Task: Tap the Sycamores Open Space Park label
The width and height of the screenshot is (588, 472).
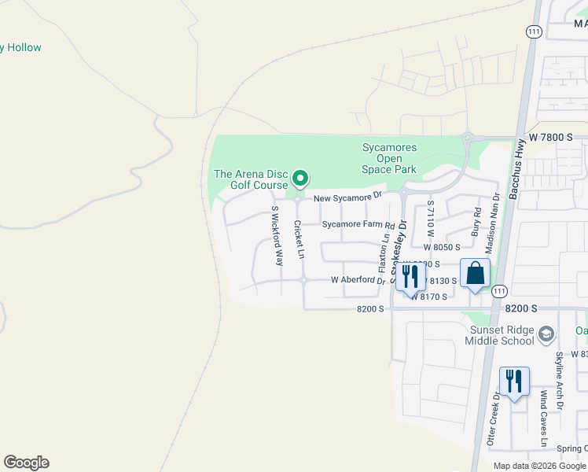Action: point(389,158)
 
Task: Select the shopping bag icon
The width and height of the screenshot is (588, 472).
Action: point(476,274)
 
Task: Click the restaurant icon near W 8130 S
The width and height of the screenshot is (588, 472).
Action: point(410,276)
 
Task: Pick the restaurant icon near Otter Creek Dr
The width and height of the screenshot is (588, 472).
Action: point(514,382)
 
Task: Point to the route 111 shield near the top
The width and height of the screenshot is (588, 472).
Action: point(534,31)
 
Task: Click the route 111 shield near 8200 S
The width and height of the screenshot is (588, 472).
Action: point(499,291)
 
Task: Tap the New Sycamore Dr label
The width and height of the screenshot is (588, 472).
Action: point(347,197)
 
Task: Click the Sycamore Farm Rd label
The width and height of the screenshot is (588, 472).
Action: point(358,224)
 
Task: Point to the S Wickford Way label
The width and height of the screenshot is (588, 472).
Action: point(276,236)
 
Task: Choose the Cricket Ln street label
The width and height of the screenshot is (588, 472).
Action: point(299,239)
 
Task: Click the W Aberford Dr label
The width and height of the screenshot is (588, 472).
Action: point(358,280)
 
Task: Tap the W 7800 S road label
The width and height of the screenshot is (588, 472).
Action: point(556,137)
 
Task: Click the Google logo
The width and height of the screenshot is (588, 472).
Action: point(26,463)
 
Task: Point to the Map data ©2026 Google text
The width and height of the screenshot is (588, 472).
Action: point(539,466)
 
